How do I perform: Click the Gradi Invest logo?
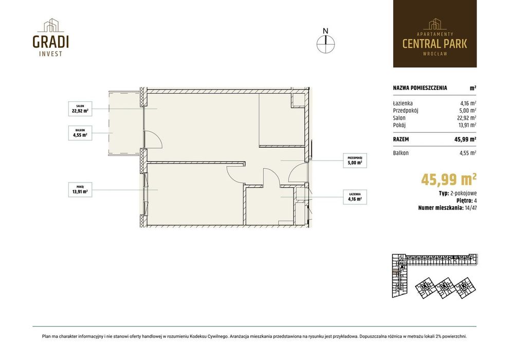pyautogui.click(x=50, y=38)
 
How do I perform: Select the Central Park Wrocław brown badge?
pyautogui.click(x=434, y=34)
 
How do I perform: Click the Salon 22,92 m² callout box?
pyautogui.click(x=80, y=109)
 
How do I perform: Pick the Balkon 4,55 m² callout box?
pyautogui.click(x=80, y=133)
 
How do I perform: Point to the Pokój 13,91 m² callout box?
pyautogui.click(x=80, y=190)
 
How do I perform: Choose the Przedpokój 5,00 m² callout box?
pyautogui.click(x=355, y=160)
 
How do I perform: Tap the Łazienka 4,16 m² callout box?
pyautogui.click(x=355, y=197)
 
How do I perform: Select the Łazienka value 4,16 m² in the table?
pyautogui.click(x=468, y=103)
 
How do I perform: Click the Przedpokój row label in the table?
pyautogui.click(x=406, y=111)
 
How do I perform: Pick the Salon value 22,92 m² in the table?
pyautogui.click(x=467, y=118)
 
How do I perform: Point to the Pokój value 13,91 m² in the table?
pyautogui.click(x=467, y=125)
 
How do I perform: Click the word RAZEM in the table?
pyautogui.click(x=401, y=139)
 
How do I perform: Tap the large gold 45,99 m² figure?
pyautogui.click(x=449, y=179)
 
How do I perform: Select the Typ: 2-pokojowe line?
pyautogui.click(x=458, y=193)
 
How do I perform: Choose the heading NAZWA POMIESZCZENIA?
pyautogui.click(x=420, y=87)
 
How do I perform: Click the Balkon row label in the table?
pyautogui.click(x=401, y=153)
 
